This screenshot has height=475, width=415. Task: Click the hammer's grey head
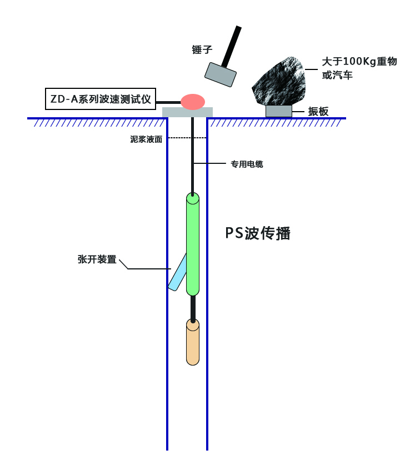220,74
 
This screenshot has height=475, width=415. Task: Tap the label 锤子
202,49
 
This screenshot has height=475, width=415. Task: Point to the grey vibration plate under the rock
279,111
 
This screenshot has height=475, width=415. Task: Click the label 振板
319,112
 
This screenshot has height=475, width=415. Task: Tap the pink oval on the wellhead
193,102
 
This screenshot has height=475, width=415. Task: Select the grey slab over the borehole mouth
187,112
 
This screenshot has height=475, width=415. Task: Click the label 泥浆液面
146,139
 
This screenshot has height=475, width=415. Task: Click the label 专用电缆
247,164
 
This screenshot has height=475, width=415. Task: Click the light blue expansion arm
177,273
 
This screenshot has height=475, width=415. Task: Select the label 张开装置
97,259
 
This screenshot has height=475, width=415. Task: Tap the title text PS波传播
258,233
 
